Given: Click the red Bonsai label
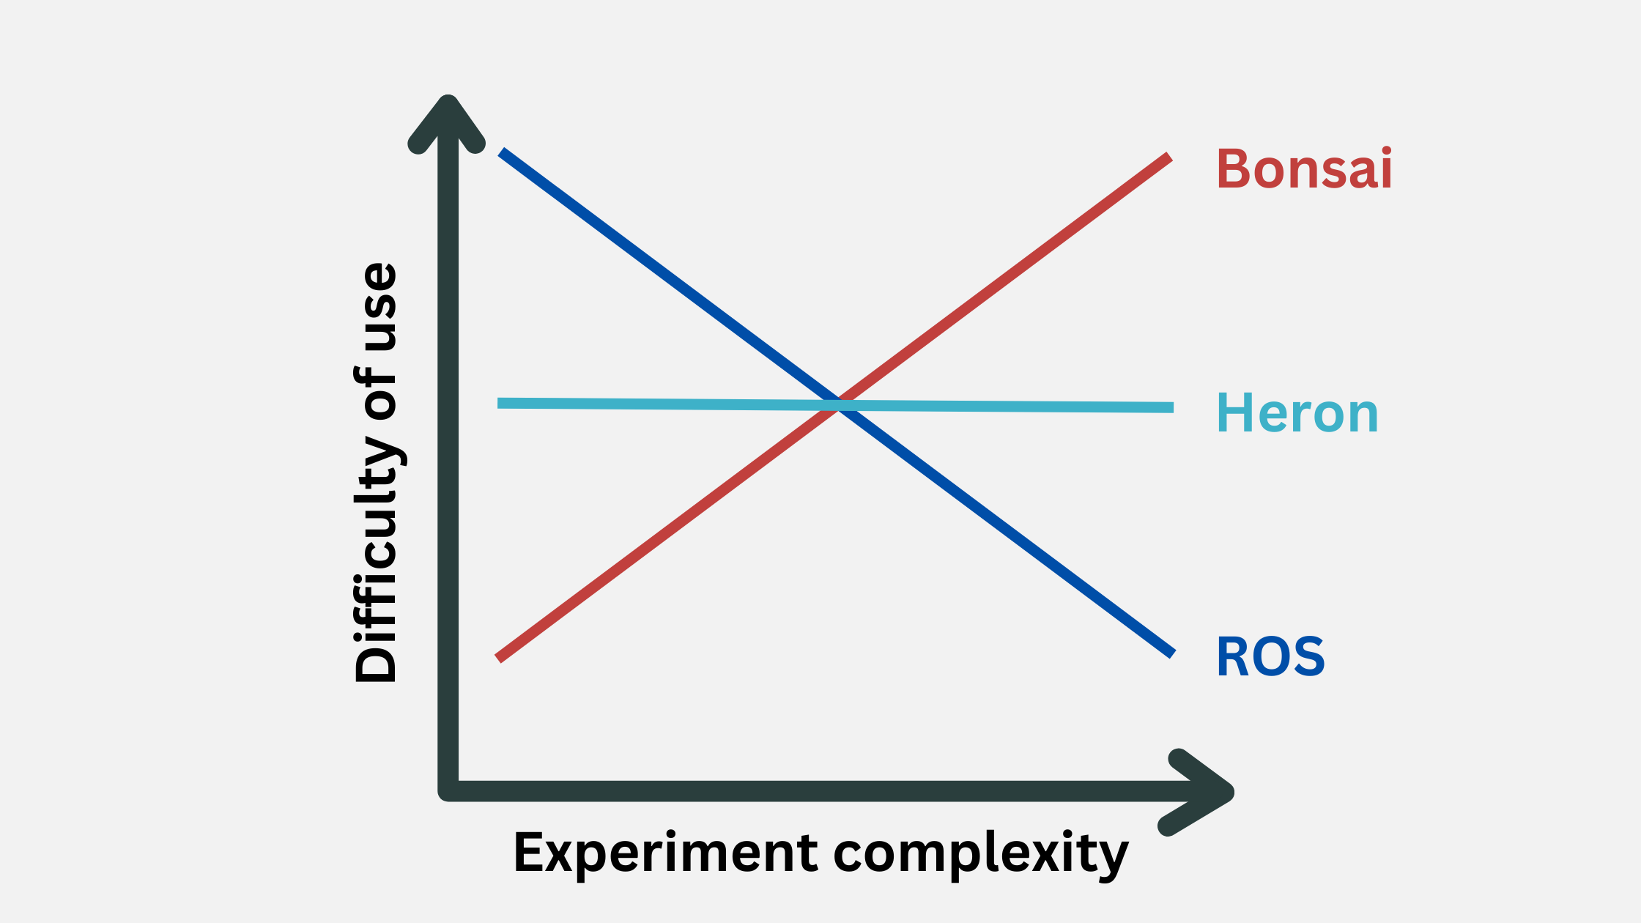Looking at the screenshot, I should click(x=1304, y=169).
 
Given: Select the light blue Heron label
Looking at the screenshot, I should click(x=1297, y=414).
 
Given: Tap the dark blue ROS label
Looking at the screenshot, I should click(x=1270, y=657).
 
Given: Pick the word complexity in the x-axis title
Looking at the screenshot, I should click(x=981, y=853).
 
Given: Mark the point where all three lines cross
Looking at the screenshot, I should click(x=837, y=405).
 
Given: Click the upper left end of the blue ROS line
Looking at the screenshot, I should click(x=502, y=152).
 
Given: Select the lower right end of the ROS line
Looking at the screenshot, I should click(x=1172, y=653).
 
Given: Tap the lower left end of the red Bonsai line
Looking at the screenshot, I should click(x=499, y=658).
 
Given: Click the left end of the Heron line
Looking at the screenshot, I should click(x=500, y=403).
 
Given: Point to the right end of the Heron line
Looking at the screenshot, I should click(x=1171, y=407).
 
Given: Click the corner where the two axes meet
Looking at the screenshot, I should click(x=448, y=790).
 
